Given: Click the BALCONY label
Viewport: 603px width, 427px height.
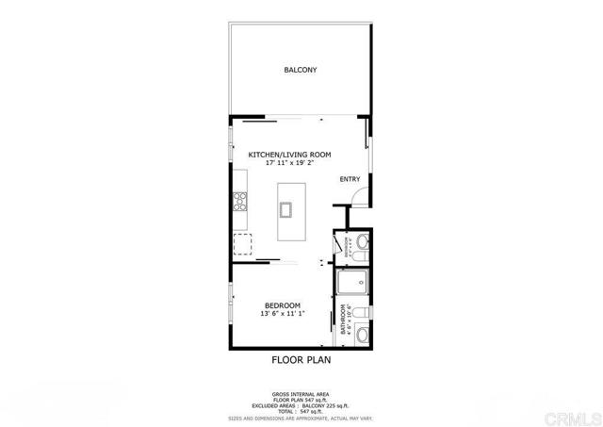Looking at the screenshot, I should point(301,70).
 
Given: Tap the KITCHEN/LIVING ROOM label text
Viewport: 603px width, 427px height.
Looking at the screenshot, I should point(289,154).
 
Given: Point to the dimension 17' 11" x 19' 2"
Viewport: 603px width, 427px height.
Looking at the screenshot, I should point(289,163).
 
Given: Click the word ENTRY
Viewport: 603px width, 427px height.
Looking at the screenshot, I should point(350,179).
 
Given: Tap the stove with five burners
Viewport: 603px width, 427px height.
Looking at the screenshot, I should point(240,201).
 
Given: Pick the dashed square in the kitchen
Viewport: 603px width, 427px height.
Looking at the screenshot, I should point(244,245).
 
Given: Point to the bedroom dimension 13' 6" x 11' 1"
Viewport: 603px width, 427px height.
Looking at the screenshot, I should point(283,314).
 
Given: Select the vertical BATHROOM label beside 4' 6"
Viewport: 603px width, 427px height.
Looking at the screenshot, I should point(343,320).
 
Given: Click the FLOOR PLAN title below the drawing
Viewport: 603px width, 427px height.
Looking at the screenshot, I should point(301,359).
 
